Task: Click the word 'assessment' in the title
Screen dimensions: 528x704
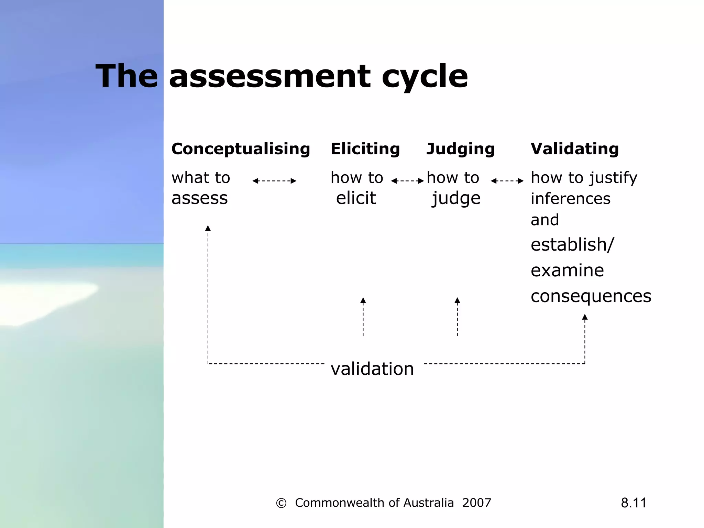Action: [270, 76]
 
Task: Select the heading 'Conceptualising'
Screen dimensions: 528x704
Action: [241, 149]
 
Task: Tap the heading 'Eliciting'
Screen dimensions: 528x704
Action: [365, 149]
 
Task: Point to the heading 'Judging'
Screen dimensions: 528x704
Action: [460, 149]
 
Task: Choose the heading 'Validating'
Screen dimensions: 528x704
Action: [574, 149]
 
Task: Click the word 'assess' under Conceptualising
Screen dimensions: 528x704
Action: [199, 198]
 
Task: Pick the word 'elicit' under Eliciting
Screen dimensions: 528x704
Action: [356, 198]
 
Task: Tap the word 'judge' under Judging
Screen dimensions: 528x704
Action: [456, 198]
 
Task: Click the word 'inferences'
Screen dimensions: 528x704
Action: [571, 199]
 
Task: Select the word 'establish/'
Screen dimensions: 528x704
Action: [572, 245]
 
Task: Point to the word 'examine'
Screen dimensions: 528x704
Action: [567, 271]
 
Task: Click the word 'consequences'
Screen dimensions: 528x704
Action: [591, 296]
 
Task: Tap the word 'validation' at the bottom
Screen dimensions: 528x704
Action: [372, 369]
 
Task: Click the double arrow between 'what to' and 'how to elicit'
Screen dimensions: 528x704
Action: [274, 181]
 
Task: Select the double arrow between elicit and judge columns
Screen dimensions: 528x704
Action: [407, 181]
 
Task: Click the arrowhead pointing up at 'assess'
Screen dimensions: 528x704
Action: [208, 228]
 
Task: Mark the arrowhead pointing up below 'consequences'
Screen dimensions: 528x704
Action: [585, 317]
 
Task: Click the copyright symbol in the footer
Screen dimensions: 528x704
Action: [281, 503]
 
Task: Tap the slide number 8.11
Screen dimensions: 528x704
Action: [634, 503]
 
